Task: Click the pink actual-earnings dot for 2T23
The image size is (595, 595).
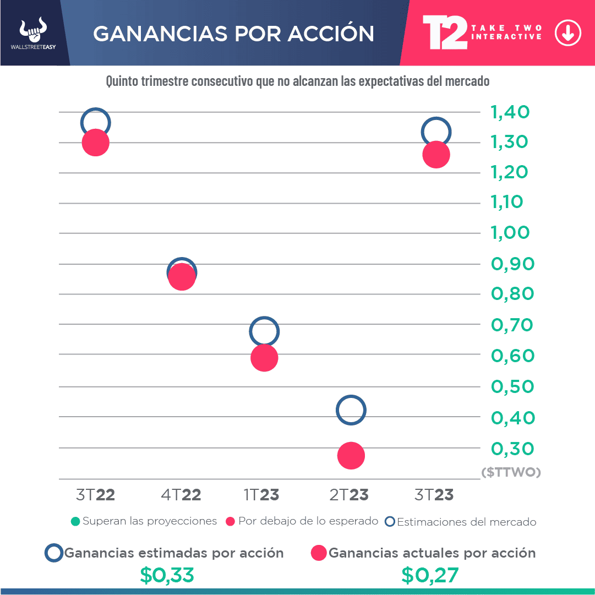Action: (351, 455)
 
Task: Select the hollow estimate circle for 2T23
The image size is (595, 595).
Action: (351, 410)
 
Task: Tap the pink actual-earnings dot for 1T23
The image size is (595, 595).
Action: (264, 358)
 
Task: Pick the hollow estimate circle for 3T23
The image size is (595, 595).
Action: (436, 132)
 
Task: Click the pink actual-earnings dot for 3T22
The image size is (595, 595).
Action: (96, 143)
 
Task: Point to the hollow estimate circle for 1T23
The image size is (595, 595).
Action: (264, 331)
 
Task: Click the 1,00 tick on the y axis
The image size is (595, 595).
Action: (510, 232)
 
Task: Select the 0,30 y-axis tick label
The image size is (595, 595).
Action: (512, 449)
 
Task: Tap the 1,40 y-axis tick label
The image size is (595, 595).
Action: (510, 112)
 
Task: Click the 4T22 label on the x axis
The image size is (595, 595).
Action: (181, 495)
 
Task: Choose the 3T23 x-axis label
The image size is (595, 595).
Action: (434, 495)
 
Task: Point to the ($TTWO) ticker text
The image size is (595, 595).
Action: (511, 472)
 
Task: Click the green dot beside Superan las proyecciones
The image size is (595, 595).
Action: (76, 521)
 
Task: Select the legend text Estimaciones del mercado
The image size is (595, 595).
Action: (466, 522)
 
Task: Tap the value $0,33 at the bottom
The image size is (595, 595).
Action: (167, 575)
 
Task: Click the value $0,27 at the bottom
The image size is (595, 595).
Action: (429, 575)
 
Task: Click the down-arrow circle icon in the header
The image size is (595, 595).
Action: (567, 34)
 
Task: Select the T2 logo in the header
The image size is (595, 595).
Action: (444, 32)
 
